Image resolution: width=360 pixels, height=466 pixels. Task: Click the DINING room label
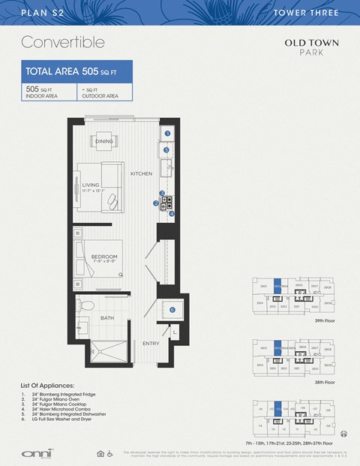[104, 141]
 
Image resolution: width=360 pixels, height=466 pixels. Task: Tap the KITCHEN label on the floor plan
[141, 173]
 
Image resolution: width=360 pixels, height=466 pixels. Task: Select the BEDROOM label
[104, 257]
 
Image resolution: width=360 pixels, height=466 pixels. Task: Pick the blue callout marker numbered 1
[168, 134]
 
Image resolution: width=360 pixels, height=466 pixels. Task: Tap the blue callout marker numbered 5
[166, 150]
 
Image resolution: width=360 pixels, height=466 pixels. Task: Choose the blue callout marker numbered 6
[172, 309]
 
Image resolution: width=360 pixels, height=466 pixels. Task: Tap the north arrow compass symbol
[344, 433]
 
